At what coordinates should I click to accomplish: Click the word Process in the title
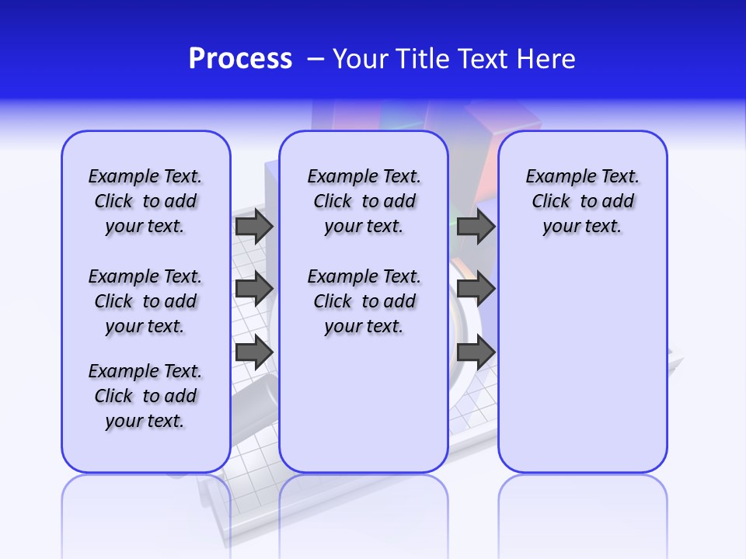pyautogui.click(x=240, y=59)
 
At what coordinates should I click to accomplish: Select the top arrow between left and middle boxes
pyautogui.click(x=253, y=227)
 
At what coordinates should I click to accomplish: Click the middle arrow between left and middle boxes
pyautogui.click(x=253, y=289)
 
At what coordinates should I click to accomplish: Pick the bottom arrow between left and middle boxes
pyautogui.click(x=253, y=352)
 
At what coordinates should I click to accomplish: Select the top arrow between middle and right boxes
pyautogui.click(x=476, y=227)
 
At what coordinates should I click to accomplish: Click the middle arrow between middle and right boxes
pyautogui.click(x=476, y=289)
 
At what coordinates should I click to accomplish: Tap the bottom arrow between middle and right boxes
pyautogui.click(x=476, y=352)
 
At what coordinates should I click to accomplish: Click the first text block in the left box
pyautogui.click(x=145, y=201)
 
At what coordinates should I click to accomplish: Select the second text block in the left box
pyautogui.click(x=145, y=301)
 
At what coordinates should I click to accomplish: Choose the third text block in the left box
pyautogui.click(x=145, y=396)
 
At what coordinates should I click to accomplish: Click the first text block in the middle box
pyautogui.click(x=364, y=201)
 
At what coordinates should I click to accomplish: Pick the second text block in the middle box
pyautogui.click(x=364, y=301)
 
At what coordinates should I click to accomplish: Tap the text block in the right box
pyautogui.click(x=582, y=201)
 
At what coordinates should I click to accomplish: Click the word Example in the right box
pyautogui.click(x=555, y=176)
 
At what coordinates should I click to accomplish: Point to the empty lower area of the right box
pyautogui.click(x=582, y=365)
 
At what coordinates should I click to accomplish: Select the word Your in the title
pyautogui.click(x=361, y=59)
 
